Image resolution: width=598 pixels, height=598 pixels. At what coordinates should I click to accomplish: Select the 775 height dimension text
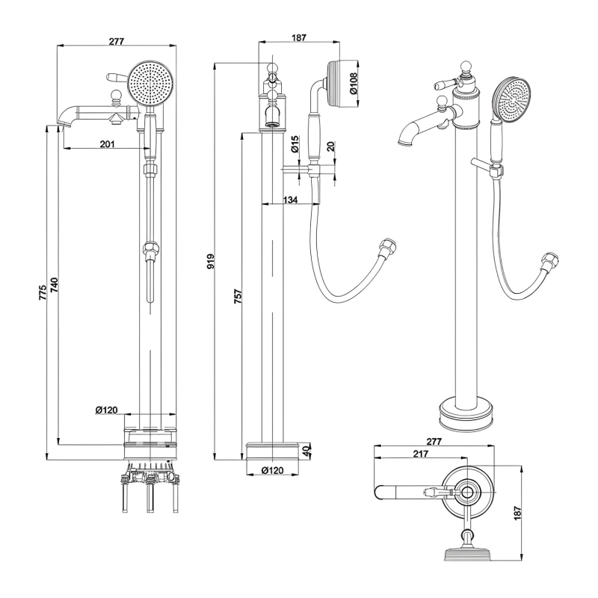click(x=43, y=292)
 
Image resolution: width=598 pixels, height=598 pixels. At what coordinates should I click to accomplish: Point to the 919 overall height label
click(x=211, y=262)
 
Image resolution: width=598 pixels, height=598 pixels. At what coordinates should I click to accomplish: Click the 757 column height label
click(x=238, y=298)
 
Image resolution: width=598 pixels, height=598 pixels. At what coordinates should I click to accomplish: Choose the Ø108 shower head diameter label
click(x=355, y=81)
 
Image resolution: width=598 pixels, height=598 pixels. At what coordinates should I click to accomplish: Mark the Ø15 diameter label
click(x=295, y=144)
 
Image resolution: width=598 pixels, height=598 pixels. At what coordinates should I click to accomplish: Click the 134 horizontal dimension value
click(x=291, y=200)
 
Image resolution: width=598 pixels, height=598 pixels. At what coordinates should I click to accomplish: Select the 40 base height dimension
click(x=306, y=451)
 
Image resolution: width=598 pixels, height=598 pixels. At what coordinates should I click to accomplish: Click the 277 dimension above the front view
click(x=117, y=41)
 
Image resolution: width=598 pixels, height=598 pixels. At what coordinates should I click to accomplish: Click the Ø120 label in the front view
click(x=106, y=410)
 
